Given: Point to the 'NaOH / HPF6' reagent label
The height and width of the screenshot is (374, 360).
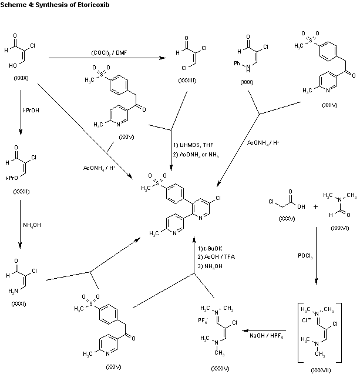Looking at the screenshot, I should (266, 335).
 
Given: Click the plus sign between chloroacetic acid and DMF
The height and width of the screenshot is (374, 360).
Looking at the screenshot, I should (315, 207).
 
